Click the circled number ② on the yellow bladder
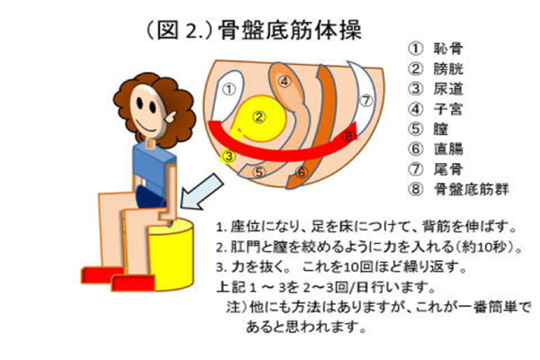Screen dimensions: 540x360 259,117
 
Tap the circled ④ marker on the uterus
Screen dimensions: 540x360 284,82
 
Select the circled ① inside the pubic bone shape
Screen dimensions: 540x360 229,90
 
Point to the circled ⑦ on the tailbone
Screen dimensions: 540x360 366,101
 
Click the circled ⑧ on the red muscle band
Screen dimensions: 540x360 348,136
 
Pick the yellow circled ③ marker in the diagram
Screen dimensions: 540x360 229,157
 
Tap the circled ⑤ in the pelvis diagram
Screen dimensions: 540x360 259,172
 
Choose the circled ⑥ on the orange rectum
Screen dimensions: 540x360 301,172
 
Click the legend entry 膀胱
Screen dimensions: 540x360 448,69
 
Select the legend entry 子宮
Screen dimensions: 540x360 448,109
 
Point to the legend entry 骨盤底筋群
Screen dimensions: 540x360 471,189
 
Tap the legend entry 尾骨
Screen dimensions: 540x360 448,169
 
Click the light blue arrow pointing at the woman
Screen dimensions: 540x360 202,192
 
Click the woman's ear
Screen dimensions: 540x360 171,117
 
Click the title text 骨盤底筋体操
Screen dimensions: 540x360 290,30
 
